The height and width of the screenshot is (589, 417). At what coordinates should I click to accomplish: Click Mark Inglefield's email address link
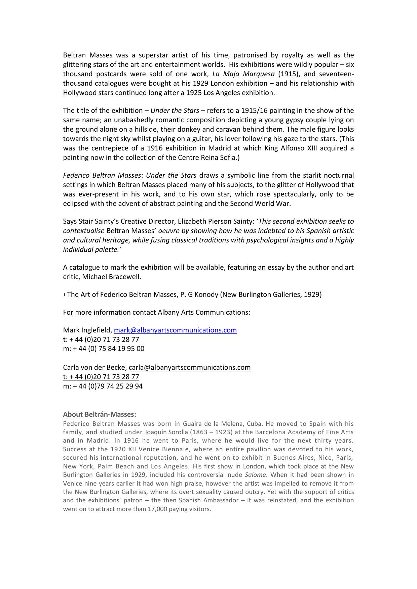pos(175,330)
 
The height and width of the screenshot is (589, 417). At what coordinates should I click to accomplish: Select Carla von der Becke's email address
pos(190,367)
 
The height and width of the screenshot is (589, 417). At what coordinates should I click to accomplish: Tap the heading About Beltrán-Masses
pos(100,414)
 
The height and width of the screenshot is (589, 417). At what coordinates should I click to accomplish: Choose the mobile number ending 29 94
pos(103,386)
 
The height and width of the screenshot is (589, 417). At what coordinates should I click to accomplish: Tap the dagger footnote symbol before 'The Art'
pos(64,295)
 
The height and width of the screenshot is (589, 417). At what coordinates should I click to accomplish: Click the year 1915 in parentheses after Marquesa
pos(289,74)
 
